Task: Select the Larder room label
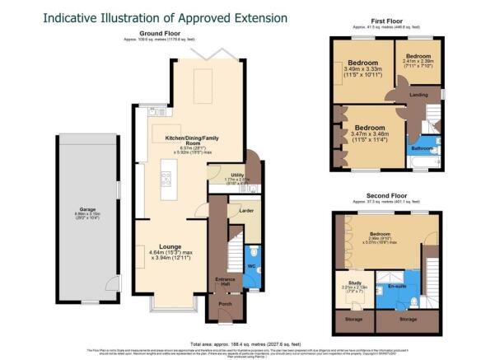pyautogui.click(x=245, y=211)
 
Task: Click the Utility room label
pyautogui.click(x=237, y=174)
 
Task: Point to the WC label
pyautogui.click(x=250, y=268)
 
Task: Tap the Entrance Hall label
pyautogui.click(x=221, y=282)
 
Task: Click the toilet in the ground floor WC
pyautogui.click(x=256, y=252)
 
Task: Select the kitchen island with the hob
pyautogui.click(x=167, y=177)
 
